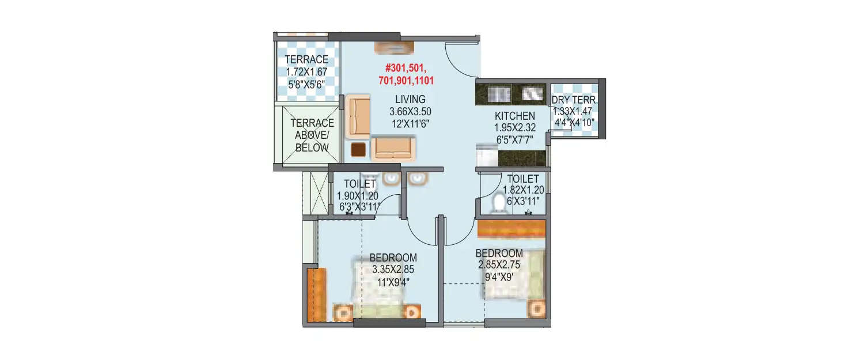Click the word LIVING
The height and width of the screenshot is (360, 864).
point(410,99)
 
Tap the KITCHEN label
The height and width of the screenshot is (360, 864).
point(514,116)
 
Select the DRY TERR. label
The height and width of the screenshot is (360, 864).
point(575,100)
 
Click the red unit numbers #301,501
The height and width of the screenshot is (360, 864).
point(406,69)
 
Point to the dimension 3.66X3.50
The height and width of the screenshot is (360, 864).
point(410,111)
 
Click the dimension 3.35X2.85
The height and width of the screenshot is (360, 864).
point(393,269)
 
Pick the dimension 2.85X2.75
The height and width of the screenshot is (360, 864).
point(499,265)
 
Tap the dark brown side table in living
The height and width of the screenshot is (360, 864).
point(358,150)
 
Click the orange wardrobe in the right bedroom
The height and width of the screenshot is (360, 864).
point(511,229)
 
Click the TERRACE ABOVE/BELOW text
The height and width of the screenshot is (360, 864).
point(312,135)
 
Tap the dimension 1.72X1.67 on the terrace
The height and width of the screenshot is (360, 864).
point(307,72)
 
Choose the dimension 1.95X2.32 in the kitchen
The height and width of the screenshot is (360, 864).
point(514,128)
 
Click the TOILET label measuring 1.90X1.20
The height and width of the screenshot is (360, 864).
point(359,184)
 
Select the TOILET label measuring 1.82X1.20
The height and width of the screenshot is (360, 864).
point(523,179)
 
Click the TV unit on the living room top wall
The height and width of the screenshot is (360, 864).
point(394,47)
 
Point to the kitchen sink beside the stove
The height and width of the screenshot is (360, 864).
point(532,94)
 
